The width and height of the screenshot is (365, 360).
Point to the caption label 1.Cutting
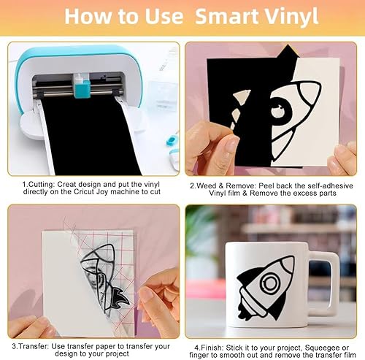click(x=39, y=184)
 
